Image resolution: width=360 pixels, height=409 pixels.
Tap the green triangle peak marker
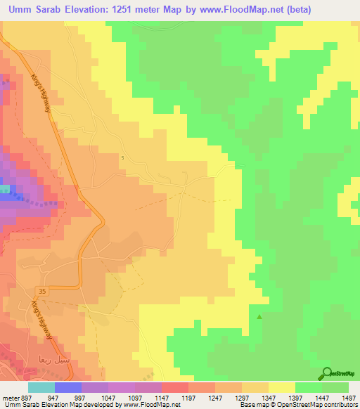point(259,317)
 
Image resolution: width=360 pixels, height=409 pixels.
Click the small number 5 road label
point(122,157)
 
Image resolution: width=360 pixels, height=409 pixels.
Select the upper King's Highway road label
point(44,96)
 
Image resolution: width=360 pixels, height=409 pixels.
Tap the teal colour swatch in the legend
point(41,387)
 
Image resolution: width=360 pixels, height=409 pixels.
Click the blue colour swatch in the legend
point(67,387)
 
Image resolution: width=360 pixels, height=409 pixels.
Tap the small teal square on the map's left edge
point(4,188)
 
